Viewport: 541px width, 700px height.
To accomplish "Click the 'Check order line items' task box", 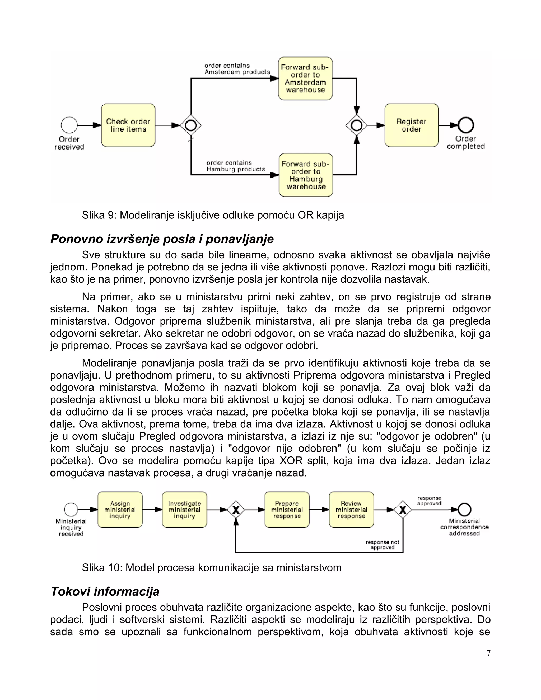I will tap(128, 125).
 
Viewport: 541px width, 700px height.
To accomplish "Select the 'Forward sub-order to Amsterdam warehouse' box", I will tap(305, 78).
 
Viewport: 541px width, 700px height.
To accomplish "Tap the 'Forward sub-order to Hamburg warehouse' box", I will tap(306, 175).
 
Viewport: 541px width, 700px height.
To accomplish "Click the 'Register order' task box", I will tap(412, 125).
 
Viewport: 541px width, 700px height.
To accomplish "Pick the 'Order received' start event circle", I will tap(69, 125).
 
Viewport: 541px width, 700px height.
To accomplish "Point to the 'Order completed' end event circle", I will tap(466, 125).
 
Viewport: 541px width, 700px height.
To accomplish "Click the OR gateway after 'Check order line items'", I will tap(191, 125).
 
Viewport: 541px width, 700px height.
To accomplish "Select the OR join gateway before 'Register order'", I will tap(356, 125).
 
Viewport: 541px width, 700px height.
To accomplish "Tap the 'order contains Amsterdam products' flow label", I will tap(237, 69).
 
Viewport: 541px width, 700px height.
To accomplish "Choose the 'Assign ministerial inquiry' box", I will tap(120, 510).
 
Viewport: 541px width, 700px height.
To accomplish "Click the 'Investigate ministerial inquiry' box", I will tap(185, 510).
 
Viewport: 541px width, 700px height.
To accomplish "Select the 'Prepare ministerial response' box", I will tap(287, 510).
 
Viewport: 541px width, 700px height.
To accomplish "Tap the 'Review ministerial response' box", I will tap(351, 510).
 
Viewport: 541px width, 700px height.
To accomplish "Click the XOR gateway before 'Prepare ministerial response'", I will tap(236, 510).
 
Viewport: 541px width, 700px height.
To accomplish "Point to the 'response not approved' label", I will tap(382, 545).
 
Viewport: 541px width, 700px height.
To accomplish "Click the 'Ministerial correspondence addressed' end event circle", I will tap(464, 509).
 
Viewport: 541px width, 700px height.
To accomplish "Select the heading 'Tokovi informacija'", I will tap(105, 591).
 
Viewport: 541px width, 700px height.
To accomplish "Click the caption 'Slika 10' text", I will tap(212, 568).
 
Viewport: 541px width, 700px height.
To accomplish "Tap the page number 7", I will tap(488, 653).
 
